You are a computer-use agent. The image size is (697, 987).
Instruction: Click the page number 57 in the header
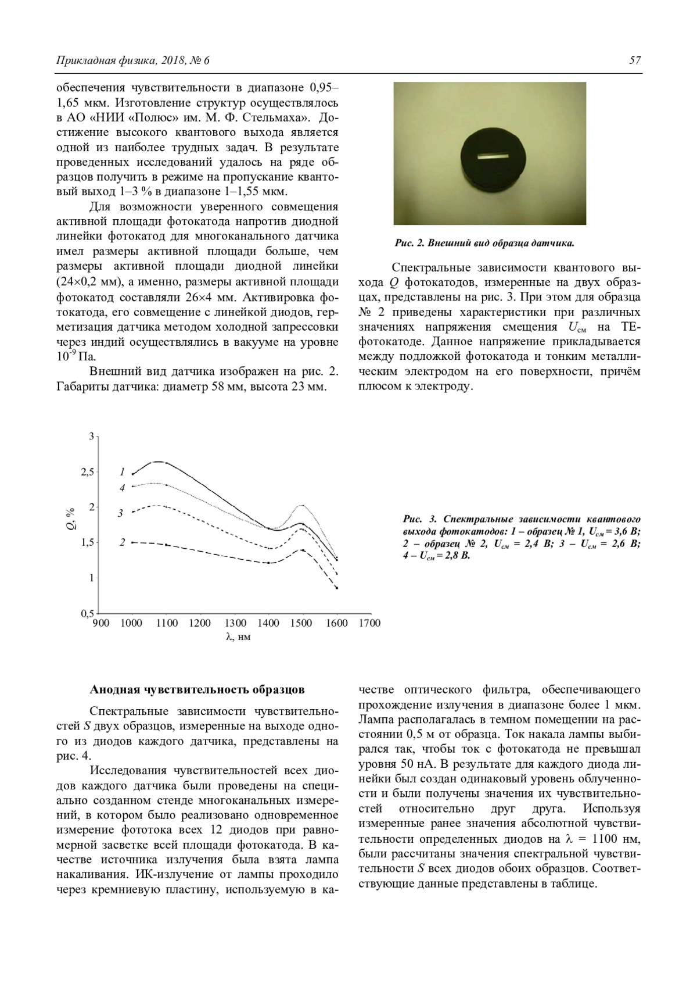pyautogui.click(x=635, y=60)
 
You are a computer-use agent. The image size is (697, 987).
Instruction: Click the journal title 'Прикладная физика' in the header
pyautogui.click(x=96, y=60)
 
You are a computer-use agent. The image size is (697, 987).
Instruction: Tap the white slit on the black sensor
pyautogui.click(x=491, y=156)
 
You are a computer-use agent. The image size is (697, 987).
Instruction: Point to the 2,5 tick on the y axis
pyautogui.click(x=87, y=471)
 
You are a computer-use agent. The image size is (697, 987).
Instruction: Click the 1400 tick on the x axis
pyautogui.click(x=268, y=623)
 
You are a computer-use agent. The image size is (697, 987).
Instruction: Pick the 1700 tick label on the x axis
pyautogui.click(x=369, y=623)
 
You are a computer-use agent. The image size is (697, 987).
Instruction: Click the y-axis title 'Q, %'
pyautogui.click(x=71, y=518)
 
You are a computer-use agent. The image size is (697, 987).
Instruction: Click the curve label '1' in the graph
pyautogui.click(x=123, y=471)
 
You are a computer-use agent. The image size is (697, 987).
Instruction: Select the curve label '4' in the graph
pyautogui.click(x=123, y=488)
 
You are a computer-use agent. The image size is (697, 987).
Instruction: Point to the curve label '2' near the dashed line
pyautogui.click(x=123, y=542)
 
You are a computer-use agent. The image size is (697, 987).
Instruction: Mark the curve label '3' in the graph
pyautogui.click(x=121, y=513)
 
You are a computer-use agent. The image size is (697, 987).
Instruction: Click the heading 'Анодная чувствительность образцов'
pyautogui.click(x=197, y=690)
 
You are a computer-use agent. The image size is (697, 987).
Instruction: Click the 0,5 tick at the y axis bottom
pyautogui.click(x=87, y=614)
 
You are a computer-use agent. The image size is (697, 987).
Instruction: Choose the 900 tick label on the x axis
pyautogui.click(x=101, y=623)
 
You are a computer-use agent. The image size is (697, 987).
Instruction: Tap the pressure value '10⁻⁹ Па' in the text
pyautogui.click(x=76, y=356)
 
